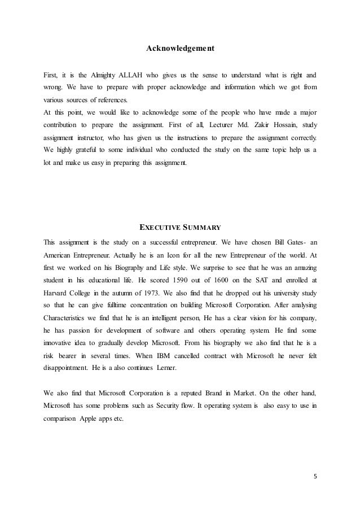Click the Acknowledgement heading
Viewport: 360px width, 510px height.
tap(180, 50)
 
